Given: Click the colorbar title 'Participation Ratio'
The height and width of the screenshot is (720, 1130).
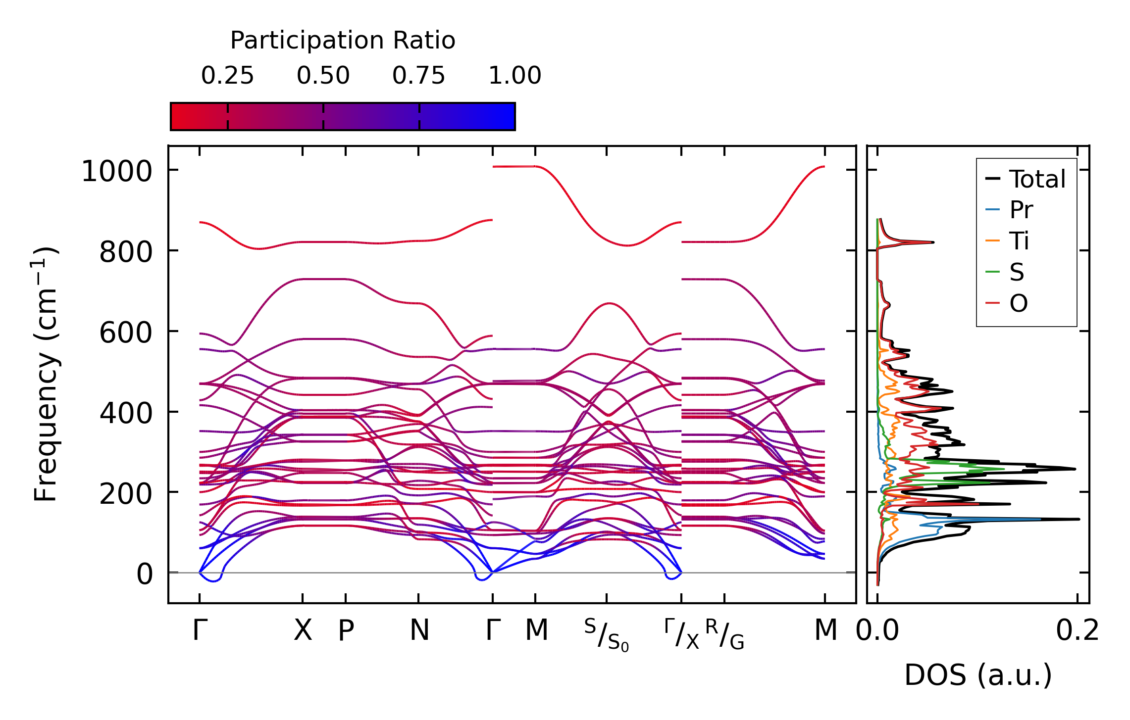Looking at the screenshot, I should click(342, 41).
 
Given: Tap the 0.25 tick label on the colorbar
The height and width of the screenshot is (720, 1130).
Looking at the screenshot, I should click(227, 76).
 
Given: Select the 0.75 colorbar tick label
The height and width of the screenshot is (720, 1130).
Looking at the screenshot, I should click(419, 76).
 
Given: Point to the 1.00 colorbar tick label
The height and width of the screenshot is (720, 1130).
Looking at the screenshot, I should click(514, 76).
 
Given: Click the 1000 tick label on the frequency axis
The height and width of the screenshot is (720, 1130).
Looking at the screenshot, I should click(116, 172).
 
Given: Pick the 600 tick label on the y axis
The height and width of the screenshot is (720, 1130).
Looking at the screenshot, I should click(125, 333).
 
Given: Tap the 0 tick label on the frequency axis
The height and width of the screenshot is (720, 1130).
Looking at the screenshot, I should click(145, 575).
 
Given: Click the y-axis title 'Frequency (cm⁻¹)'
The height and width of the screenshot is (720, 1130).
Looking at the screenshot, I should click(46, 374).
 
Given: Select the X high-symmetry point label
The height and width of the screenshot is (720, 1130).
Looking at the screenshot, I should click(303, 630).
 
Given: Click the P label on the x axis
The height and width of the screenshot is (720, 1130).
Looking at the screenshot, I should click(346, 630).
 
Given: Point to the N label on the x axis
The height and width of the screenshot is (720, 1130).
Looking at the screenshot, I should click(419, 630).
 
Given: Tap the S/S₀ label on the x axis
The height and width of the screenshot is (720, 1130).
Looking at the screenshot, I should click(606, 635).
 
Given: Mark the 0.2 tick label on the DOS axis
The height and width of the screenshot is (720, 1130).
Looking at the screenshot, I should click(1077, 631).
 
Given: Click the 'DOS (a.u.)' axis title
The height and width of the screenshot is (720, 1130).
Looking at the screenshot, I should click(978, 675).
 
